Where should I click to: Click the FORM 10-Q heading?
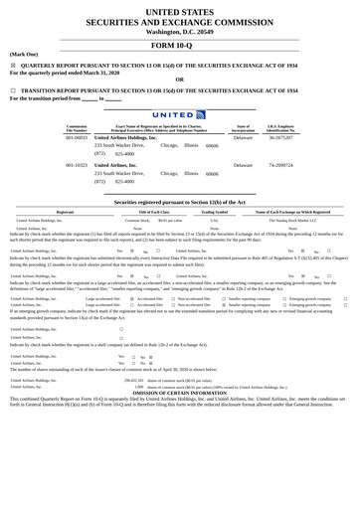pyautogui.click(x=179, y=46)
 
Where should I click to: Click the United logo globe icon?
pyautogui.click(x=201, y=115)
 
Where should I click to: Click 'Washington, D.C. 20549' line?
pyautogui.click(x=179, y=31)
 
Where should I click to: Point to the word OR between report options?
pyautogui.click(x=179, y=80)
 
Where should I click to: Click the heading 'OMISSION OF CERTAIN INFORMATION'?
pyautogui.click(x=179, y=393)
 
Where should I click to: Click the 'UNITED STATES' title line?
pyautogui.click(x=179, y=9)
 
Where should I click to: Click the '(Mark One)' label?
pyautogui.click(x=24, y=54)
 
